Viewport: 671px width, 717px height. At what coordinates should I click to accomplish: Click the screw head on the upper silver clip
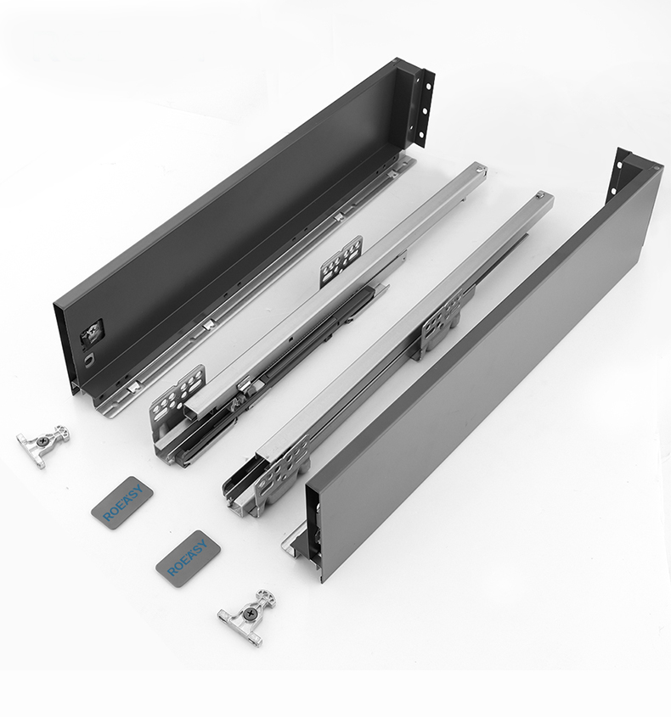tap(43, 441)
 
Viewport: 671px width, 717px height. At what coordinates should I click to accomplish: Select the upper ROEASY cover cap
tap(121, 502)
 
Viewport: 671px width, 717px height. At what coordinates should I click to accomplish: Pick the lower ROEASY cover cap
tap(188, 559)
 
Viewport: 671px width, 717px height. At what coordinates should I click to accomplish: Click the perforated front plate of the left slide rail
tap(179, 399)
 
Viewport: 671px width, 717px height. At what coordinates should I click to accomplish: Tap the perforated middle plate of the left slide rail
tap(341, 261)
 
